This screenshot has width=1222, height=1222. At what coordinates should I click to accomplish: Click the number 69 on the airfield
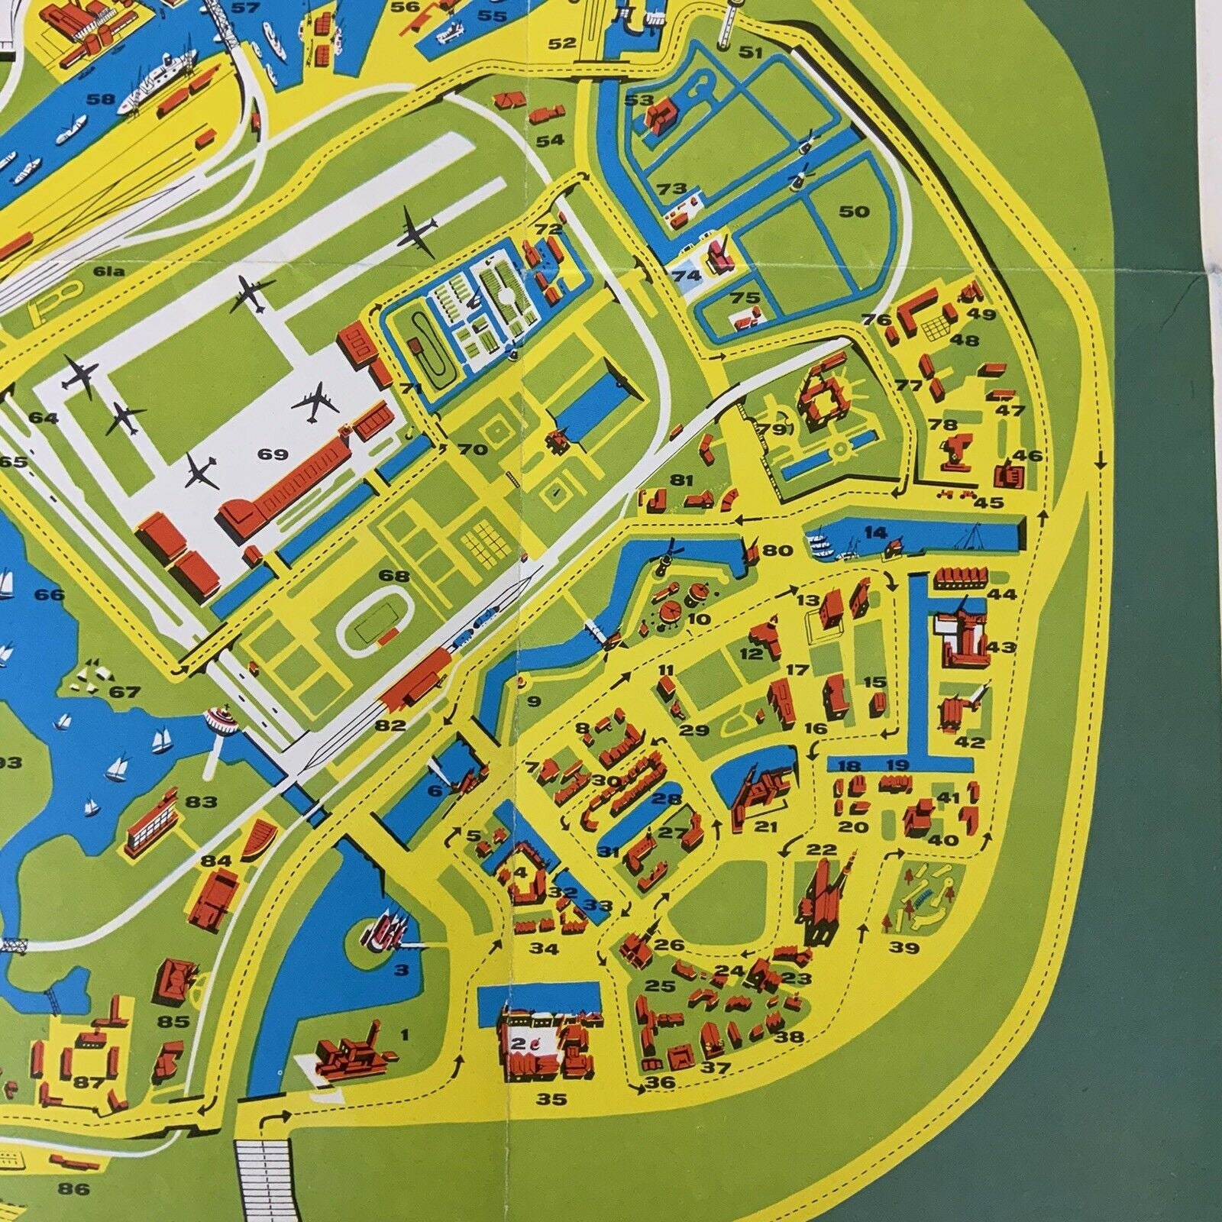click(273, 455)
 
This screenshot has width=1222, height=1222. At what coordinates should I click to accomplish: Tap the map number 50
click(854, 211)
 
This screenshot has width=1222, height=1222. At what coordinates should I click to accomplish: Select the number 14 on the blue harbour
click(875, 532)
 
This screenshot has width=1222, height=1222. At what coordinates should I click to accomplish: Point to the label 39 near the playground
click(905, 949)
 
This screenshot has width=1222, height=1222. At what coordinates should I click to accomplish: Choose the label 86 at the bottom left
click(73, 1188)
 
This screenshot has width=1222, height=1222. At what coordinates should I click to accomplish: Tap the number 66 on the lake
click(50, 594)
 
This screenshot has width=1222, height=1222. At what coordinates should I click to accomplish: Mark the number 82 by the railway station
click(390, 725)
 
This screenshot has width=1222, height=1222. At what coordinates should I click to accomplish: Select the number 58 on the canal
click(101, 99)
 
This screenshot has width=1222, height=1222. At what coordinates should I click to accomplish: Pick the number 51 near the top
click(752, 52)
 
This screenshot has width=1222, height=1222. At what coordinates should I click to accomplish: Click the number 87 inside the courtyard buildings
click(89, 1082)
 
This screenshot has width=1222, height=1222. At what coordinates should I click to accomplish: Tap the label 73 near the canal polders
click(672, 189)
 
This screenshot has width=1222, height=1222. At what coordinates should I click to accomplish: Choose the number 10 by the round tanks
click(698, 619)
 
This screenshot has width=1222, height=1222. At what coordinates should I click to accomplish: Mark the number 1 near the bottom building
click(405, 1036)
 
